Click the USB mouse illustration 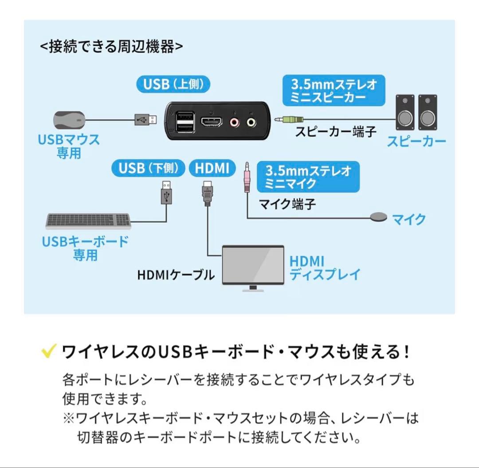(69, 119)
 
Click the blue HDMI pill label (212, 168)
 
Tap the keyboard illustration (89, 221)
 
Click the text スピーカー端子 (336, 132)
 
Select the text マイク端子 (287, 204)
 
